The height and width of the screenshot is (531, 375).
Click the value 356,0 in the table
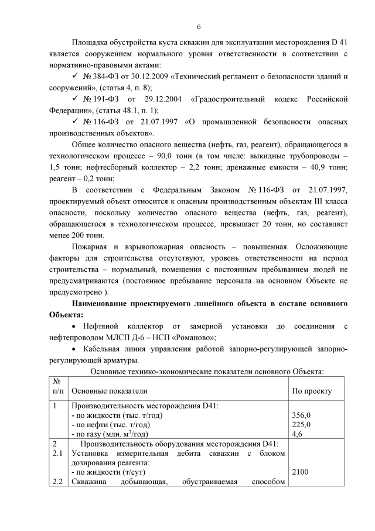coord(301,415)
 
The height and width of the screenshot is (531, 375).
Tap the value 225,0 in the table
coord(301,424)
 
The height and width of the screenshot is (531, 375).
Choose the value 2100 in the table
coord(300,472)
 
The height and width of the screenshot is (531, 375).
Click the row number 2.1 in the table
coord(57,453)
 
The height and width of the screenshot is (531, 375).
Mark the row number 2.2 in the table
coord(57,482)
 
